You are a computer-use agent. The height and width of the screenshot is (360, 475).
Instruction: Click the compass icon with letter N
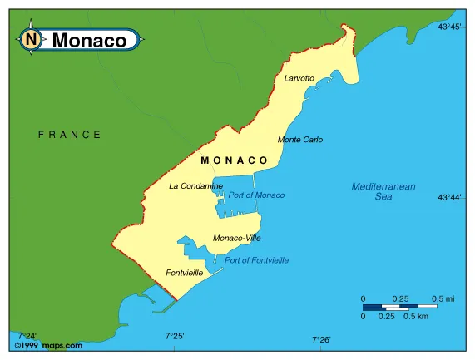pyautogui.click(x=31, y=39)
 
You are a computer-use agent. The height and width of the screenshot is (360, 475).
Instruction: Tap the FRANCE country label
pyautogui.click(x=70, y=134)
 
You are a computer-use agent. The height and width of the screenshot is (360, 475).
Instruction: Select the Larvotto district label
pyautogui.click(x=299, y=78)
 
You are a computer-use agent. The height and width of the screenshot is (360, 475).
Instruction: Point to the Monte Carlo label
pyautogui.click(x=300, y=140)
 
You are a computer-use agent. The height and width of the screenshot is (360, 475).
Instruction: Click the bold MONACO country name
pyautogui.click(x=235, y=160)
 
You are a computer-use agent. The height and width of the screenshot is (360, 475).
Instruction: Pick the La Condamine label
pyautogui.click(x=195, y=186)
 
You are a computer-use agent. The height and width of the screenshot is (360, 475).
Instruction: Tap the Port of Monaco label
pyautogui.click(x=256, y=195)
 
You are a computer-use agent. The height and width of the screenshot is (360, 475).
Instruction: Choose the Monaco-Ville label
pyautogui.click(x=236, y=239)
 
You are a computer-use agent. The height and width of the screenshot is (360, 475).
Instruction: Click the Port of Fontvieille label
pyautogui.click(x=257, y=260)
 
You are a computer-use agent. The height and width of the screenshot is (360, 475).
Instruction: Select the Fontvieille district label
pyautogui.click(x=184, y=273)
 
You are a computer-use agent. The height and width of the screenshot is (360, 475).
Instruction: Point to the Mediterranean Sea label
pyautogui.click(x=383, y=192)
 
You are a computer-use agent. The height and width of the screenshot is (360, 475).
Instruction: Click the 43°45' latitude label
pyautogui.click(x=449, y=27)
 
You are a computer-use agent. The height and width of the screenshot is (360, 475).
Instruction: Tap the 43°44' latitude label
pyautogui.click(x=449, y=198)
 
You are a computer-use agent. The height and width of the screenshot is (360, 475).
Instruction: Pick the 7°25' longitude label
pyautogui.click(x=175, y=336)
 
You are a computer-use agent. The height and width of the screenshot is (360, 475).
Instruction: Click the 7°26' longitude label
pyautogui.click(x=321, y=339)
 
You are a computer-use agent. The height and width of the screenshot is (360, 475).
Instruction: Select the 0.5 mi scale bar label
pyautogui.click(x=443, y=298)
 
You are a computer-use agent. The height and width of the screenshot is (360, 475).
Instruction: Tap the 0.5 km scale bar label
pyautogui.click(x=415, y=317)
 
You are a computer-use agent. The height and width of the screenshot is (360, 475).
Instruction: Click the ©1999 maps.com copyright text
pyautogui.click(x=48, y=345)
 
